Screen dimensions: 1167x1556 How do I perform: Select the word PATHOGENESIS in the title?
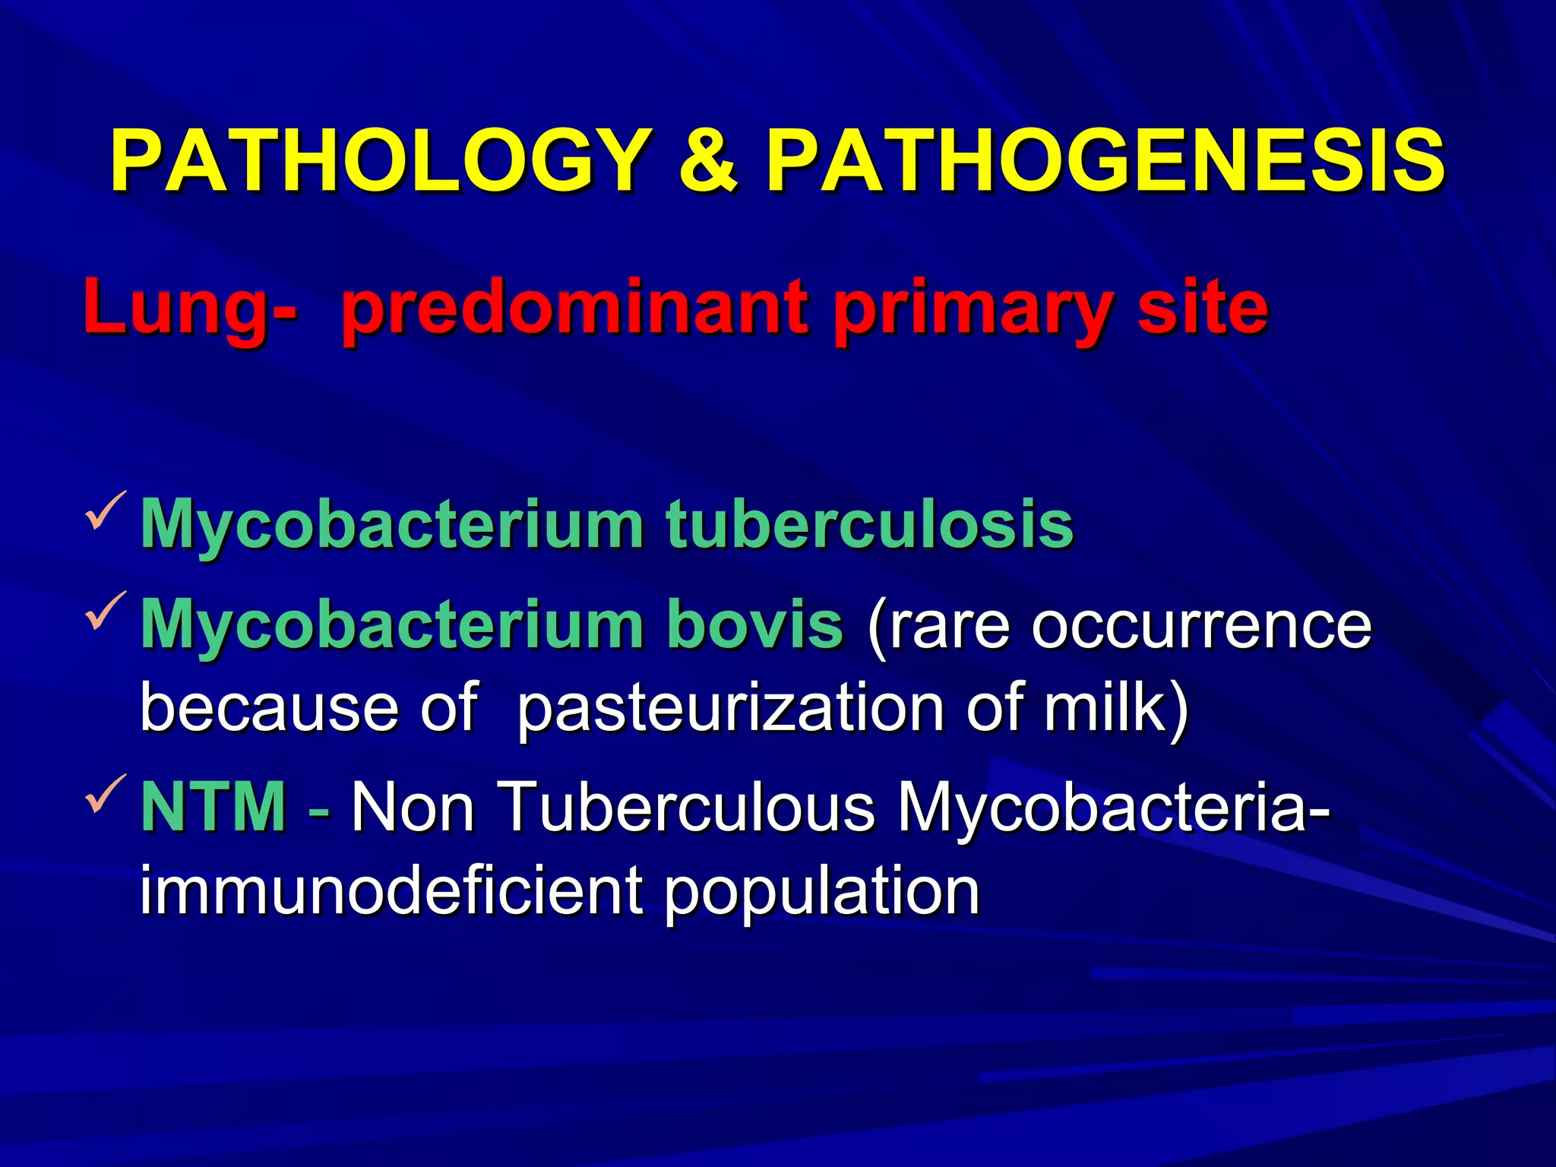(1105, 162)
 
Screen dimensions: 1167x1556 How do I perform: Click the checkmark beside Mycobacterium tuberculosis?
(106, 510)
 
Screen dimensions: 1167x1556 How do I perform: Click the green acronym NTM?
(214, 807)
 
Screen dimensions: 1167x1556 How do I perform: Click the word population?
(821, 893)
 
